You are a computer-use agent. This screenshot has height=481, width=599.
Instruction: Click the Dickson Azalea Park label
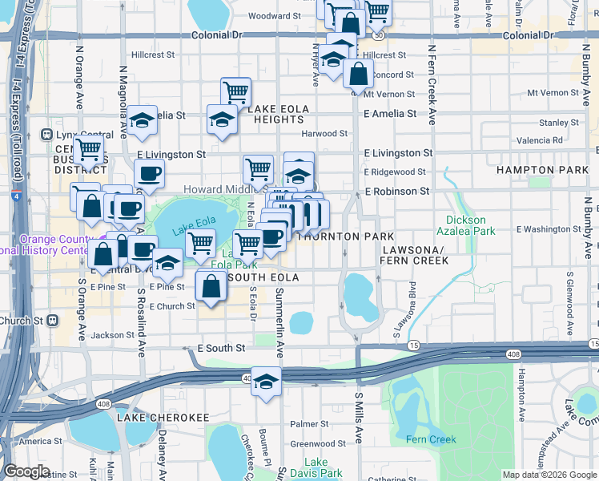coord(466,225)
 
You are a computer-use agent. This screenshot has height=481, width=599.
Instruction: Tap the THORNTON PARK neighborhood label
coord(346,237)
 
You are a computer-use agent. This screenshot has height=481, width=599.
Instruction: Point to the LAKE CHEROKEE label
coord(163,418)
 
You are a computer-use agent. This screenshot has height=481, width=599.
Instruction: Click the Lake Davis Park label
coord(316,468)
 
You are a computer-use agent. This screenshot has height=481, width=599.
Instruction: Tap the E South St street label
coord(221,349)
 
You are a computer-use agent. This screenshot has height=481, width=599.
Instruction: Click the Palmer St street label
coord(304,424)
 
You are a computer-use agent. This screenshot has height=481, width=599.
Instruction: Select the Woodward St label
coord(274,16)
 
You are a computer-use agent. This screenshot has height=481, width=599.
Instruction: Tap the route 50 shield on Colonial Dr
coord(379,36)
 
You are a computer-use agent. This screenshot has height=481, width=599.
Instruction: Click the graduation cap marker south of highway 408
coord(266,383)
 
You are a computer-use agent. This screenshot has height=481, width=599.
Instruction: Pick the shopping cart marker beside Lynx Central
coord(88,149)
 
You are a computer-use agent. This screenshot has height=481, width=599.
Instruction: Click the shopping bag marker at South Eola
coord(211,285)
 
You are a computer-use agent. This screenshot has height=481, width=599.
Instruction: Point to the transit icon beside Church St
coord(53,320)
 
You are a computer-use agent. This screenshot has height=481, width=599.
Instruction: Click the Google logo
coord(26,471)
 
